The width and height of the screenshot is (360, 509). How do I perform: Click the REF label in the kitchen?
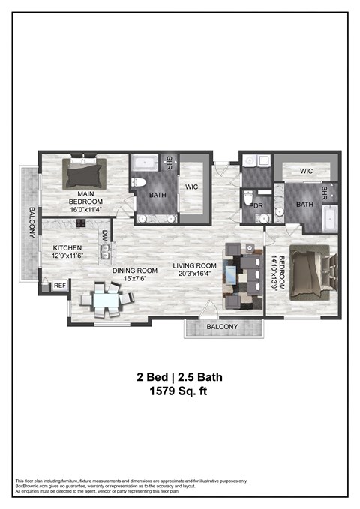click(58, 286)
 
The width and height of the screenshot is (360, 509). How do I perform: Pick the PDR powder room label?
click(255, 205)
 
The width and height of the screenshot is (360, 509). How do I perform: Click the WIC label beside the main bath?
click(191, 186)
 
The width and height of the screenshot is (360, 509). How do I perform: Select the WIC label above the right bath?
click(305, 171)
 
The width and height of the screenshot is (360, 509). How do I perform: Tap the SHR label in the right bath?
click(325, 193)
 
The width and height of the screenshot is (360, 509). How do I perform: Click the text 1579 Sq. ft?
click(179, 390)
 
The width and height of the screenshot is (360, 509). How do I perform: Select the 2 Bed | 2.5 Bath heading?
click(179, 376)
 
